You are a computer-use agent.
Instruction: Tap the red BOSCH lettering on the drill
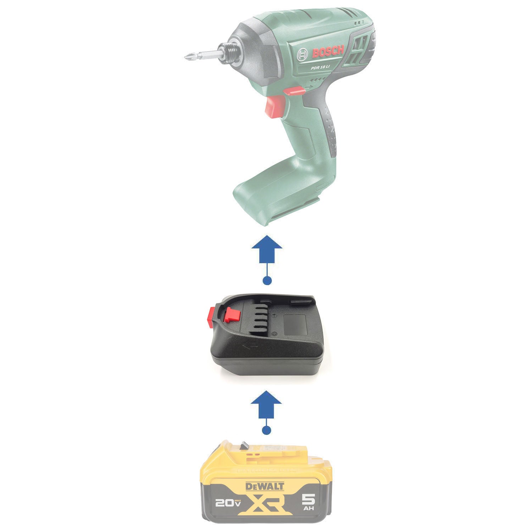click(x=328, y=52)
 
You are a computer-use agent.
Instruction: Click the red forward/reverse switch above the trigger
click(x=294, y=91)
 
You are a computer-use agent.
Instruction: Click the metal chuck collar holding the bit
click(x=227, y=53)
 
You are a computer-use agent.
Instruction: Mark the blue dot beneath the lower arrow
click(x=266, y=431)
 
